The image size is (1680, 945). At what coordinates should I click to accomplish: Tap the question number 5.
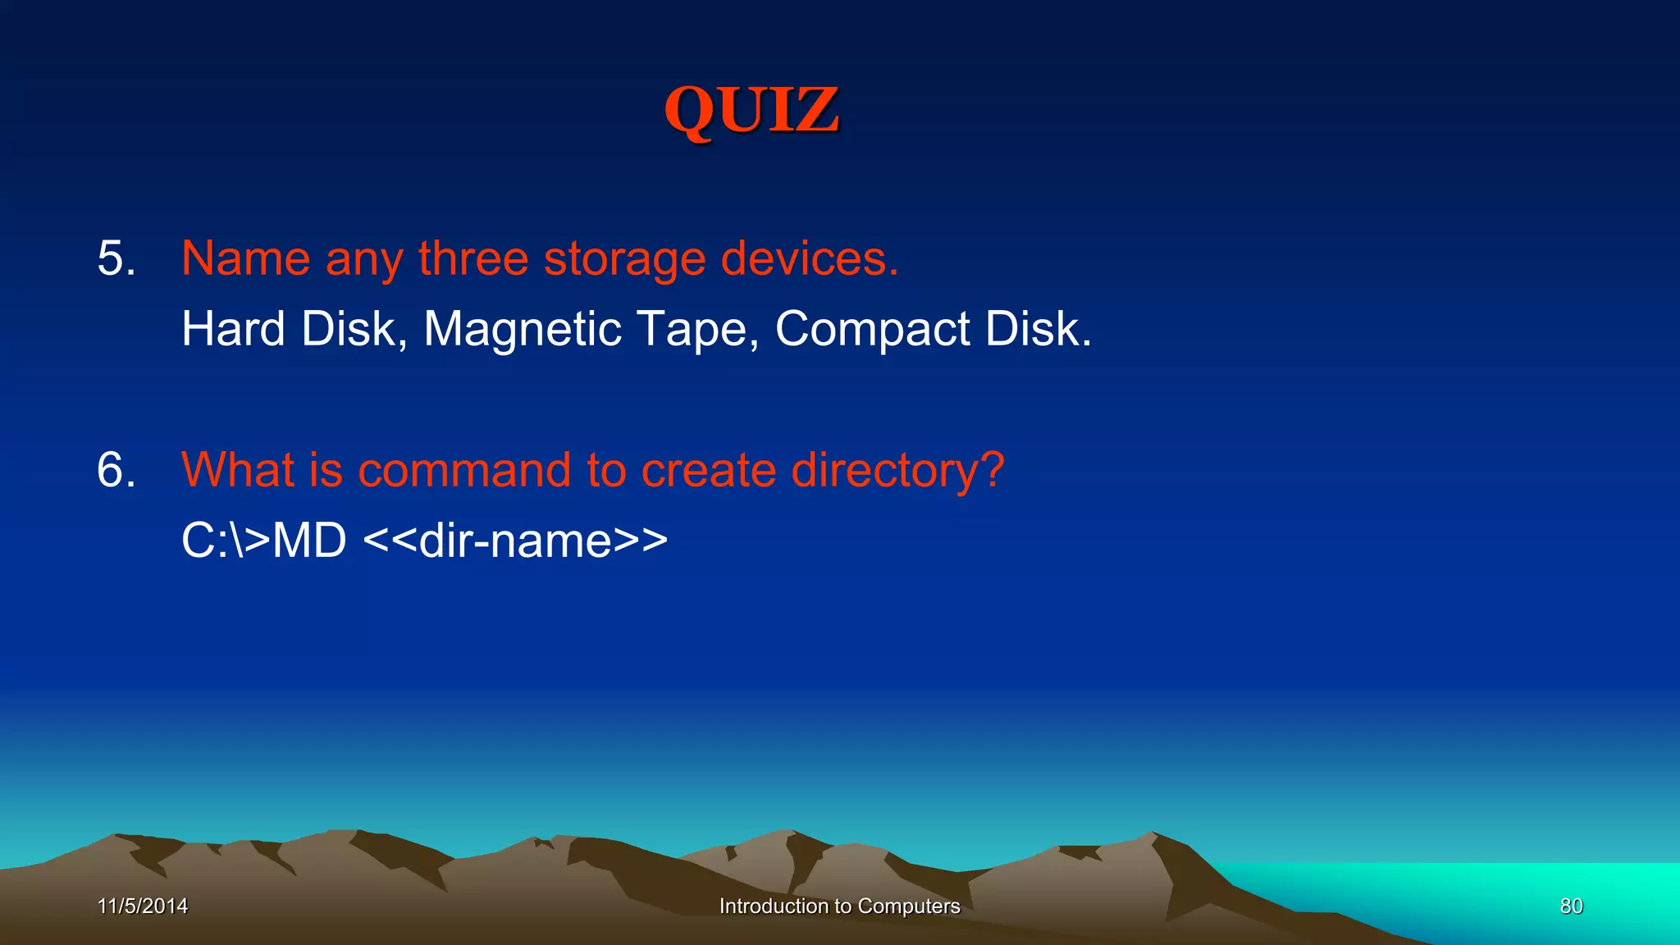click(x=116, y=259)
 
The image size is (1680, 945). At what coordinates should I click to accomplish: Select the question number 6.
click(x=116, y=471)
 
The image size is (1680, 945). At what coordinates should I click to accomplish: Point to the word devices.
click(x=810, y=259)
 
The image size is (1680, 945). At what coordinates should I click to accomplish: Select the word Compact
click(x=872, y=330)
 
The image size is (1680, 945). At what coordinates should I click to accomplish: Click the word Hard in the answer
click(x=233, y=330)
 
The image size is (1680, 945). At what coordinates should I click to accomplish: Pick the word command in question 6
click(x=464, y=471)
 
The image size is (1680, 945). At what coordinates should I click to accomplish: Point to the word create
click(x=708, y=471)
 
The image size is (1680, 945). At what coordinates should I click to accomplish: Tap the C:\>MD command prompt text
click(x=263, y=541)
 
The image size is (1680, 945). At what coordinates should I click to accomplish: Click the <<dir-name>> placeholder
click(x=515, y=541)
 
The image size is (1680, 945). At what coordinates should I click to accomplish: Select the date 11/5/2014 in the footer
click(x=143, y=906)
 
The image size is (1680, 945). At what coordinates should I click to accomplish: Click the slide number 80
click(x=1571, y=906)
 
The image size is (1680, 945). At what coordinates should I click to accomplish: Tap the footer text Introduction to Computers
click(x=839, y=906)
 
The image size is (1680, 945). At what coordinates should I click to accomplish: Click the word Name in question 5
click(x=245, y=259)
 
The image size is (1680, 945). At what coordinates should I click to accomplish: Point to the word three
click(x=473, y=259)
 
